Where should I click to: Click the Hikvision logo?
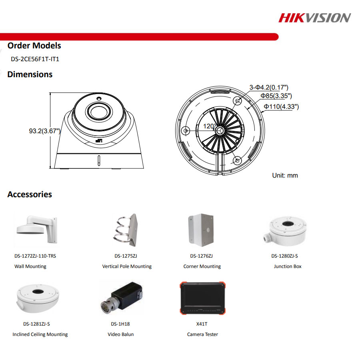(x=314, y=18)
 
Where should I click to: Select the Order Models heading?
(x=34, y=46)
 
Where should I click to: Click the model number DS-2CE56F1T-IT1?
(x=35, y=59)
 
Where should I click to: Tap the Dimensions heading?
(x=30, y=74)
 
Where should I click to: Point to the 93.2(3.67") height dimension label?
(x=45, y=131)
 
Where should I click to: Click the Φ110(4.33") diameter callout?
(x=281, y=106)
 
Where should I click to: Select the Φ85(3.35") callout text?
(x=276, y=96)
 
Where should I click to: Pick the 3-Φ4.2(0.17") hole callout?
(x=269, y=87)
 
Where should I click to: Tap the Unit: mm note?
(x=285, y=176)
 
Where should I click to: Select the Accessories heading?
(x=30, y=194)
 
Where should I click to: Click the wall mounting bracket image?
(x=37, y=229)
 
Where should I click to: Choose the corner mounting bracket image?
(x=201, y=230)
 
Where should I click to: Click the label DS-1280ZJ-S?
(x=284, y=256)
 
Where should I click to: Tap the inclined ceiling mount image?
(x=38, y=298)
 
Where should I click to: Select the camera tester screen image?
(x=202, y=298)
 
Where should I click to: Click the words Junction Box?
(x=288, y=266)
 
